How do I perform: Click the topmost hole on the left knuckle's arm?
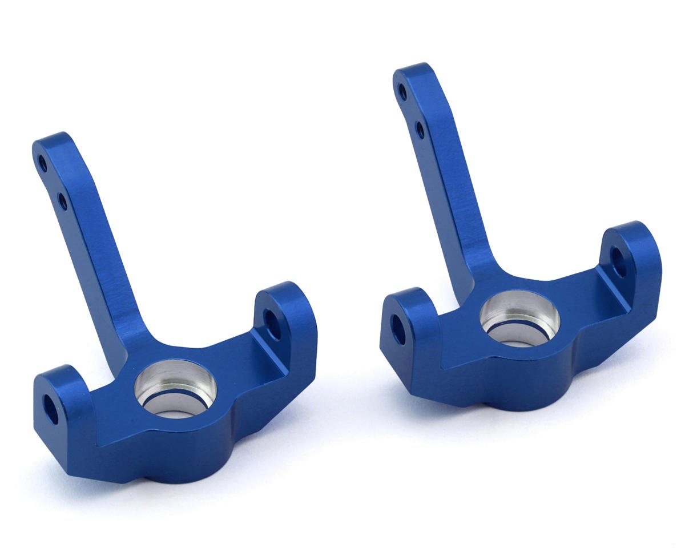pyautogui.click(x=43, y=164)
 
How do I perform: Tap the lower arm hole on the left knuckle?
pyautogui.click(x=62, y=200)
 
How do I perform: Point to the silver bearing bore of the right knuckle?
pyautogui.click(x=519, y=318)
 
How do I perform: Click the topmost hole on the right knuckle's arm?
pyautogui.click(x=402, y=91)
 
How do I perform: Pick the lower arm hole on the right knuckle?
pyautogui.click(x=421, y=130)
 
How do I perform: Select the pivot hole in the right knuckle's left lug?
pyautogui.click(x=398, y=329)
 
